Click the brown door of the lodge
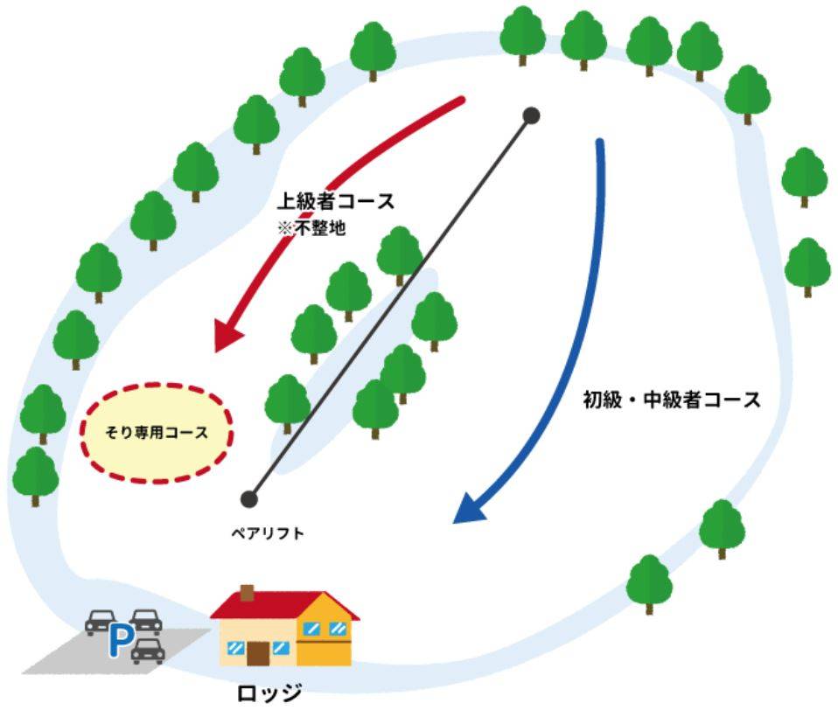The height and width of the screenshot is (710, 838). click(x=259, y=651)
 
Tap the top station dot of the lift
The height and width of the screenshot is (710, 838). click(x=531, y=115)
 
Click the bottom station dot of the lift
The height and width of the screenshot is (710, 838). click(x=249, y=499)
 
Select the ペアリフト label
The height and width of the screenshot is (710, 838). click(x=262, y=532)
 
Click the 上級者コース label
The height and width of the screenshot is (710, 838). click(x=335, y=201)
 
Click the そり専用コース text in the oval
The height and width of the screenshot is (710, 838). click(x=157, y=431)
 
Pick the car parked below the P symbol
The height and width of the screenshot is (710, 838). click(x=149, y=650)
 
